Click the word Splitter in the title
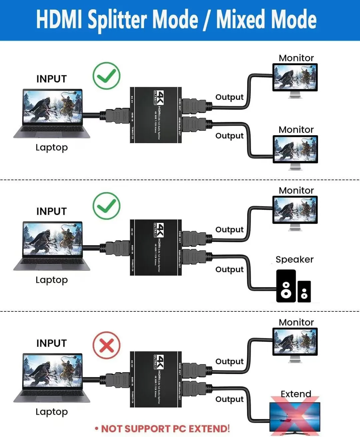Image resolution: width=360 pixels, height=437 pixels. (117, 19)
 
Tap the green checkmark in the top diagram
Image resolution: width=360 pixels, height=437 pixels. (106, 76)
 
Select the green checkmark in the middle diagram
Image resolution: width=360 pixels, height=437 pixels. (106, 206)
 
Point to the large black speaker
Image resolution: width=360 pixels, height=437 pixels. (286, 286)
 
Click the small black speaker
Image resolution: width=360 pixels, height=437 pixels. (304, 292)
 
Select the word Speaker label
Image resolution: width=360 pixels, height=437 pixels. (294, 259)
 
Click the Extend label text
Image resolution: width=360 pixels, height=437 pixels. (296, 394)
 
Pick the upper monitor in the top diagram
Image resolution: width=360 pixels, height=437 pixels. (295, 77)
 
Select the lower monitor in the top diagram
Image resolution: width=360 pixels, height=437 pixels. (295, 149)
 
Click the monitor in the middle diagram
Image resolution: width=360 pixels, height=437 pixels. (295, 210)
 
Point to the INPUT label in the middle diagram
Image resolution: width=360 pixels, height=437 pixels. (52, 211)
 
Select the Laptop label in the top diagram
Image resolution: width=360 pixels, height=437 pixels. (52, 147)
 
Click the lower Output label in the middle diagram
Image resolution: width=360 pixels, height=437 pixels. (229, 269)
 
